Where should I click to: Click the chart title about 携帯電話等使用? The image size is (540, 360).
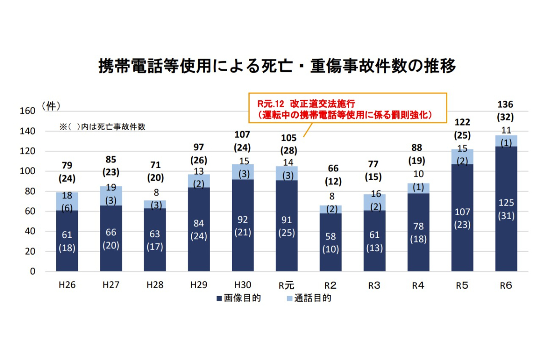coord(277,66)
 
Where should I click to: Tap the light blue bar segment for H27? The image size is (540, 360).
coord(111,196)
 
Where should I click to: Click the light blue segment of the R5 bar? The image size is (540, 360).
coord(462,156)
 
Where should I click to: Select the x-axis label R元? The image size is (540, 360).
coord(287,285)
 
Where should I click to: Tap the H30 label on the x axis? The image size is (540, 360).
coord(243,285)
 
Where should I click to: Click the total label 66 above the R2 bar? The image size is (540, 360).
coord(331,169)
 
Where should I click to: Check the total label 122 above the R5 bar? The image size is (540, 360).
coord(462,122)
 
